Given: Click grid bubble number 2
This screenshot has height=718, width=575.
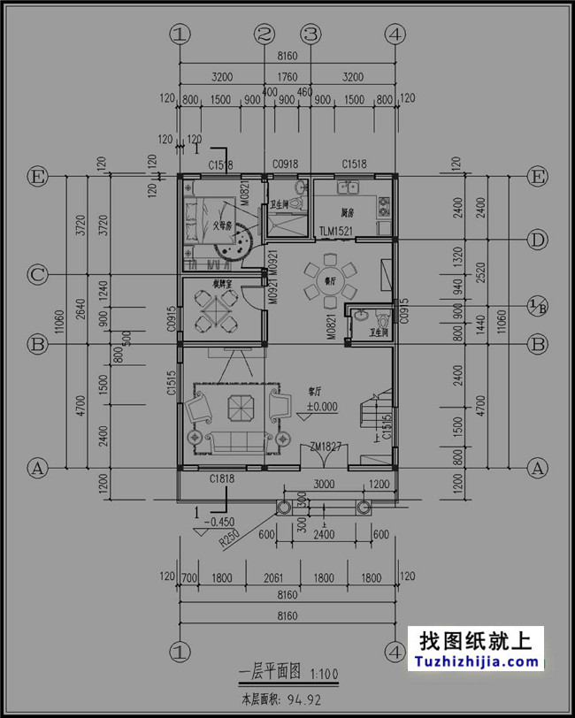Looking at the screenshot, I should coord(264,34).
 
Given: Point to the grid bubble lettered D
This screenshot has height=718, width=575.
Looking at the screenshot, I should coord(537,240).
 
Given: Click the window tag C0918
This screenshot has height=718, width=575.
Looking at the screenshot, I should coord(285,164).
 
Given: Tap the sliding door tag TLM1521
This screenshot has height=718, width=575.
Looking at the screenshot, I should coord(337,231).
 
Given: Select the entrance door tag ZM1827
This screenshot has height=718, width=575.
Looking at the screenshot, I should coord(326,448).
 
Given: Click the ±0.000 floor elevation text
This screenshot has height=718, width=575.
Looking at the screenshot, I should coord(322,408).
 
